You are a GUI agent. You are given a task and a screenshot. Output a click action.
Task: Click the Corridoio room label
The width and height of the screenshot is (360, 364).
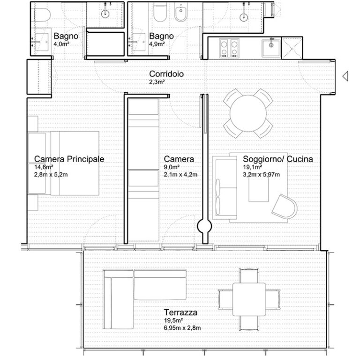tap(166, 74)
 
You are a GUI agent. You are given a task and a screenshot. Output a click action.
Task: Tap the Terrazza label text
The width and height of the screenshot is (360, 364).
tap(180, 312)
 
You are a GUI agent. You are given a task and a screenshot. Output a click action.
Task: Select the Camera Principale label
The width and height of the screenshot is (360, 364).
tap(69, 159)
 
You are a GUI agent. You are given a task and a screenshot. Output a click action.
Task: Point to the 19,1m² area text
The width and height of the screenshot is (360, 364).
tap(253, 167)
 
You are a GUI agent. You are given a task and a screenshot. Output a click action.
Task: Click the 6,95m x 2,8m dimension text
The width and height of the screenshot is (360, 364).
tap(182, 328)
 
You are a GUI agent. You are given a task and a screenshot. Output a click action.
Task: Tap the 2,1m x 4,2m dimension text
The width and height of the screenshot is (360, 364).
tap(180, 175)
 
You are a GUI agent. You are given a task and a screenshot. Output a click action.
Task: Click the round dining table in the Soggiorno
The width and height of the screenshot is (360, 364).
tap(248, 113)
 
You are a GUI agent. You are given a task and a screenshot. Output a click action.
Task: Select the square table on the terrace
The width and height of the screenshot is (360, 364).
tap(249, 299)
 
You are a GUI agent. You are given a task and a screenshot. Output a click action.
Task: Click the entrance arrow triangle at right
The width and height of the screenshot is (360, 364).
tap(345, 76)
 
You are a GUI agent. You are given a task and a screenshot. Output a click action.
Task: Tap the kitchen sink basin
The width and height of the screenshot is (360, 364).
tap(271, 48)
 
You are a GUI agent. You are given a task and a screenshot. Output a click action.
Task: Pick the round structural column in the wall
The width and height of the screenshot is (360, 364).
tap(204, 226)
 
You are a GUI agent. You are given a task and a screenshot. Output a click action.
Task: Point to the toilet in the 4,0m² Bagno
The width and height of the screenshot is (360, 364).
tap(43, 15)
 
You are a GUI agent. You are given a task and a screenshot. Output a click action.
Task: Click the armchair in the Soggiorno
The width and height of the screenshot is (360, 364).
tap(285, 207)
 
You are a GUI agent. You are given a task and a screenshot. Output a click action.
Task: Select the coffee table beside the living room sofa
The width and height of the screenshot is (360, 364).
tap(258, 189)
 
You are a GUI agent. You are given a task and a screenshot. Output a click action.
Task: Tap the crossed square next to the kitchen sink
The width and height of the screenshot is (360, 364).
tap(292, 48)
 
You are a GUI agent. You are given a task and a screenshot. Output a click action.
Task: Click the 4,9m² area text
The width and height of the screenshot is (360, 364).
tap(157, 44)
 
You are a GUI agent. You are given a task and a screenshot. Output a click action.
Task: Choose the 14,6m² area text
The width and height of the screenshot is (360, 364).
tap(44, 167)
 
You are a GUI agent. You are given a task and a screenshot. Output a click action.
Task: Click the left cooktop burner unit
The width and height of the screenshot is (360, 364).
tap(224, 48)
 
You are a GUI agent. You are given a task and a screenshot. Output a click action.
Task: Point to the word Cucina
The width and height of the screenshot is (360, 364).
tap(300, 159)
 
